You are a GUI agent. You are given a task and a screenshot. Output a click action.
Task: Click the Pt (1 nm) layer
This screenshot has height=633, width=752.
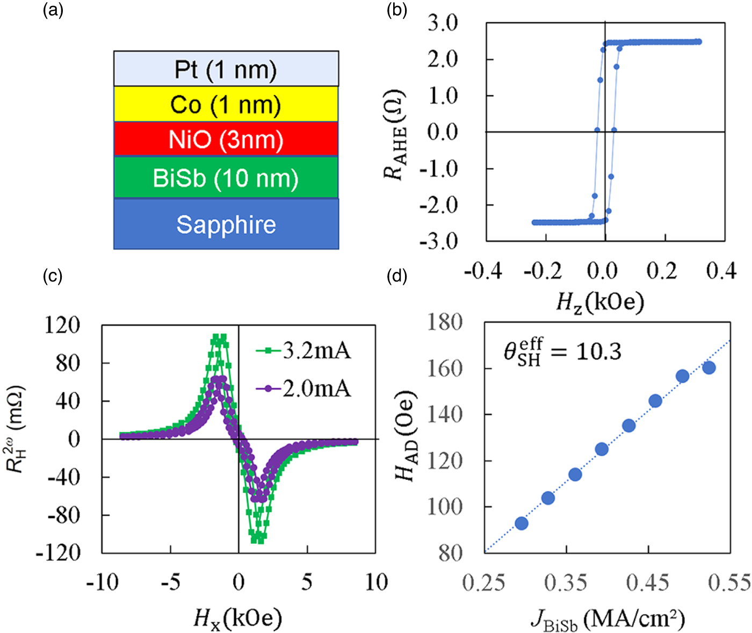(x=226, y=69)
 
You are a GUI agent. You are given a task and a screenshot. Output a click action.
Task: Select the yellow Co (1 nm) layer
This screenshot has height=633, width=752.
(x=226, y=104)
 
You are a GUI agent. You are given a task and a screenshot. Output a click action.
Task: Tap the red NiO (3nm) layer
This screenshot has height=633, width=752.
(x=226, y=139)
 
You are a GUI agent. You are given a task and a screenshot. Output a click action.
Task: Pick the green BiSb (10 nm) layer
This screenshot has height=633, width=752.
(x=226, y=178)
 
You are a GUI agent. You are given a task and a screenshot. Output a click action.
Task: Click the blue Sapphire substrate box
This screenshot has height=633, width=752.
(x=226, y=224)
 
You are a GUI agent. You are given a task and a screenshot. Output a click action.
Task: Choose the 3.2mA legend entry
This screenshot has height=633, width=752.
(x=303, y=351)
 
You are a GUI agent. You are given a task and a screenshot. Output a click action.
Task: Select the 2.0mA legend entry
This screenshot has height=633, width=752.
(x=303, y=388)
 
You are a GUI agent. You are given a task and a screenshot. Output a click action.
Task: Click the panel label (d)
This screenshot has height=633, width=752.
(x=397, y=276)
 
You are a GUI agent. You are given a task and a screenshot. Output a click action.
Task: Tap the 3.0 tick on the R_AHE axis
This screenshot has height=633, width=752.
(x=442, y=23)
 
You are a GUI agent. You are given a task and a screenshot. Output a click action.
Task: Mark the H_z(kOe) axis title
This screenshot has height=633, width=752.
(x=599, y=303)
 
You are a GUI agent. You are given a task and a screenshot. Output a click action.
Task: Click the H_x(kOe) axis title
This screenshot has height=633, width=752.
(x=237, y=618)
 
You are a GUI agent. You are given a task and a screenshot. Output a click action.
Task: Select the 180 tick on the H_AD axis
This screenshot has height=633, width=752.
(x=445, y=322)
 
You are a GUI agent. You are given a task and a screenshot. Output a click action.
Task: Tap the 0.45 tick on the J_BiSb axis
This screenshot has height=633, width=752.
(x=648, y=582)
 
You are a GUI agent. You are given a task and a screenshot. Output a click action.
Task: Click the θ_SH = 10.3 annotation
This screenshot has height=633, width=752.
(x=562, y=351)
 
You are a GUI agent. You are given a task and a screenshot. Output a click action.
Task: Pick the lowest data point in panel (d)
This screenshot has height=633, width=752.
(x=521, y=523)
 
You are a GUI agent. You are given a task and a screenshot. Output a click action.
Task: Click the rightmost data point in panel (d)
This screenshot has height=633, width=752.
(x=708, y=368)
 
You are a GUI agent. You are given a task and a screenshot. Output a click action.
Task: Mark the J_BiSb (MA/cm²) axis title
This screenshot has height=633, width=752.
(x=608, y=620)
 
